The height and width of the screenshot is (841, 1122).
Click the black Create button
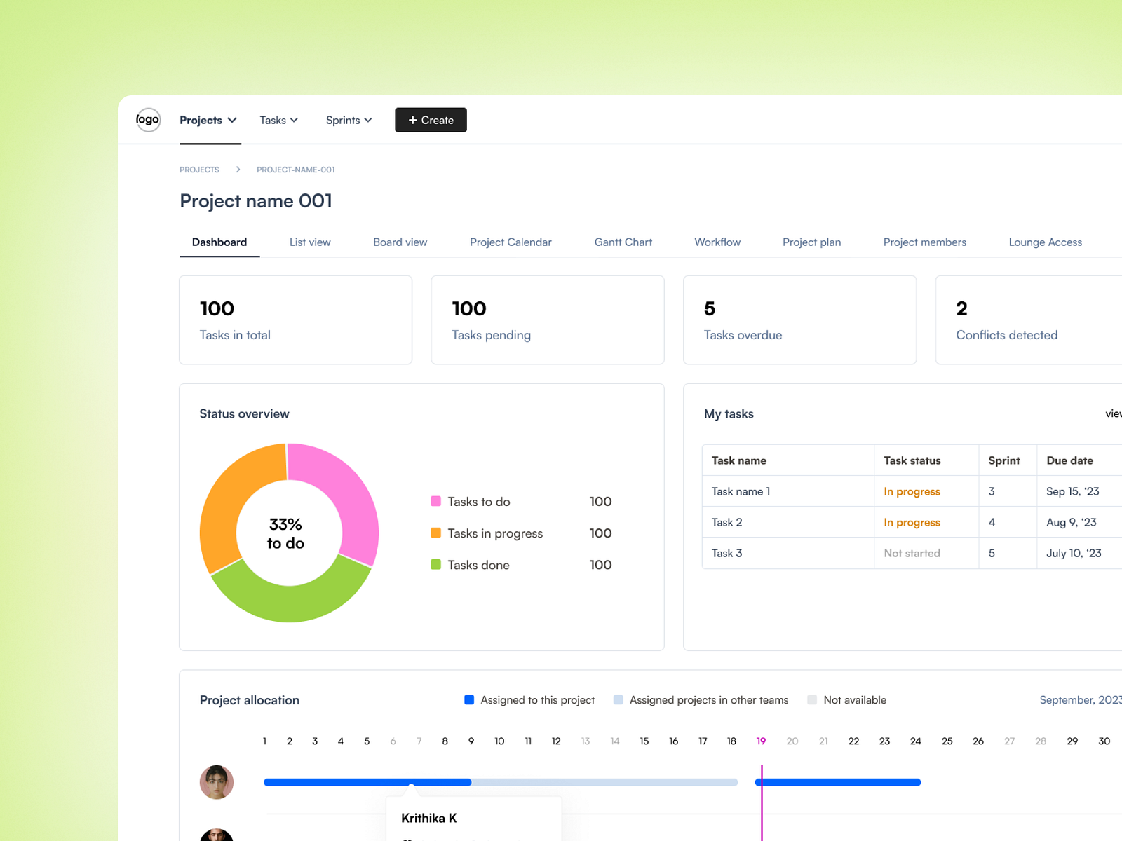point(431,120)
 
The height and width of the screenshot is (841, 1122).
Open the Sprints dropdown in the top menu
point(349,120)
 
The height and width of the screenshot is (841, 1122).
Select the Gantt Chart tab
point(623,242)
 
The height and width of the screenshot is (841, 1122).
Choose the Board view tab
point(400,242)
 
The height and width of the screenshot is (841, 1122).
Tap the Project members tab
point(924,242)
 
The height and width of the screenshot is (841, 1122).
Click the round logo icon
point(148,120)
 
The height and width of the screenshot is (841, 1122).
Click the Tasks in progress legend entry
point(495,533)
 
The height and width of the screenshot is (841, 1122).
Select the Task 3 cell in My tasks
point(726,553)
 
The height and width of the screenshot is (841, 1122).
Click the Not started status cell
point(912,553)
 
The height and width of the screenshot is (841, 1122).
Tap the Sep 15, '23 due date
point(1072,491)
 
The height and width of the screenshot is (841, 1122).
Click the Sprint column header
point(1003,460)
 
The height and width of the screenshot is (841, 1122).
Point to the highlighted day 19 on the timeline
point(761,741)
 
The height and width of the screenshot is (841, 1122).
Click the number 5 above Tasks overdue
point(710,308)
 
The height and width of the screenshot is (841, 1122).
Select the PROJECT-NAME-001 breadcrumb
point(295,170)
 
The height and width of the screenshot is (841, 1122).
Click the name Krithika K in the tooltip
point(428,818)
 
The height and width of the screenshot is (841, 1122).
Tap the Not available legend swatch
point(812,699)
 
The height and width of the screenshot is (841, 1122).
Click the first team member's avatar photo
point(217,782)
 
